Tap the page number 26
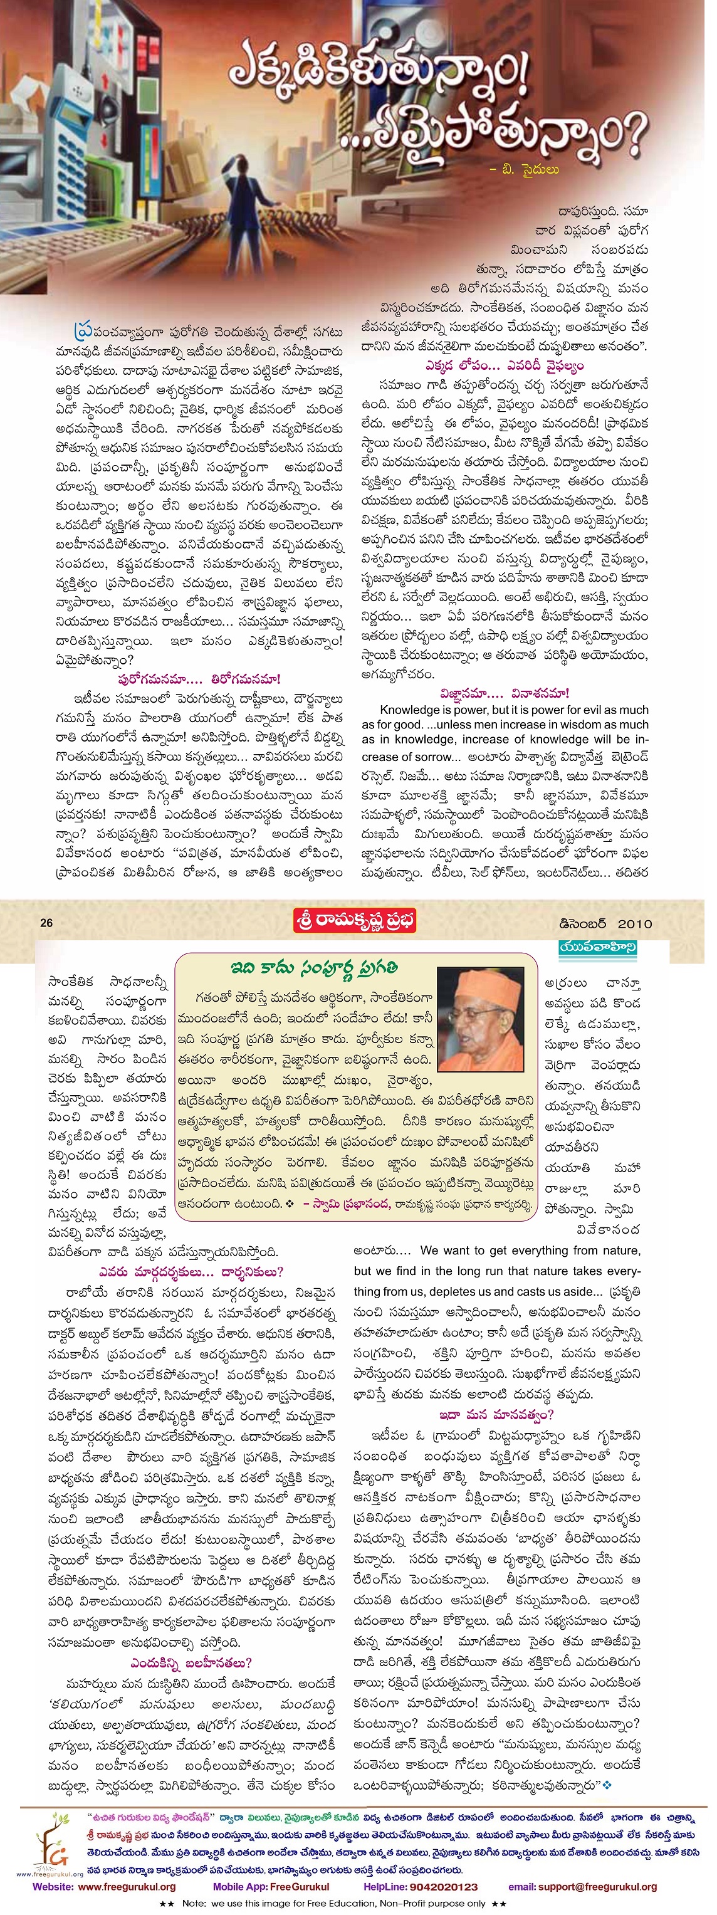(47, 923)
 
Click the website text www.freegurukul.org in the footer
(127, 1886)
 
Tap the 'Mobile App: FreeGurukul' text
(271, 1886)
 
